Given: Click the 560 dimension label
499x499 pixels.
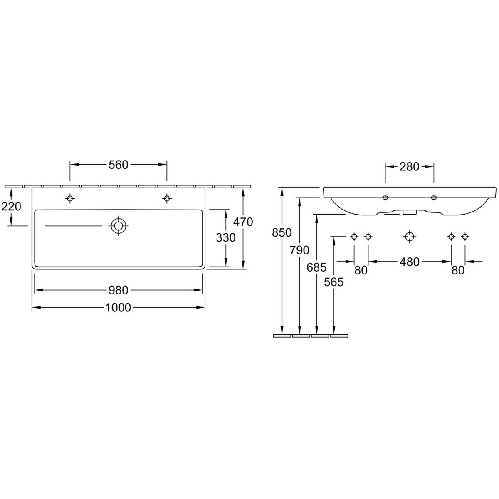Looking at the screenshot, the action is click(119, 165).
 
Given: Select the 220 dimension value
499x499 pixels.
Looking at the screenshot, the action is click(11, 206).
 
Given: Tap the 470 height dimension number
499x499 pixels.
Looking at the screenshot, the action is click(243, 222).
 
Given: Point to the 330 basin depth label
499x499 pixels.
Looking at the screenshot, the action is click(225, 237).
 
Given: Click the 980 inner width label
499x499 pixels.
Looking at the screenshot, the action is click(119, 290).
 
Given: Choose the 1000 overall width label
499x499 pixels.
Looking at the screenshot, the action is click(118, 308).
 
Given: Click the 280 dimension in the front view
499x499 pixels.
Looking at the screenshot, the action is click(409, 167).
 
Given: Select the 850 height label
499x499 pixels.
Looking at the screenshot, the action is click(282, 232).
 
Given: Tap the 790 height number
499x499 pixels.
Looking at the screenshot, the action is click(299, 250).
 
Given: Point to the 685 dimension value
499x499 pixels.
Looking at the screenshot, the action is click(316, 267).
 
